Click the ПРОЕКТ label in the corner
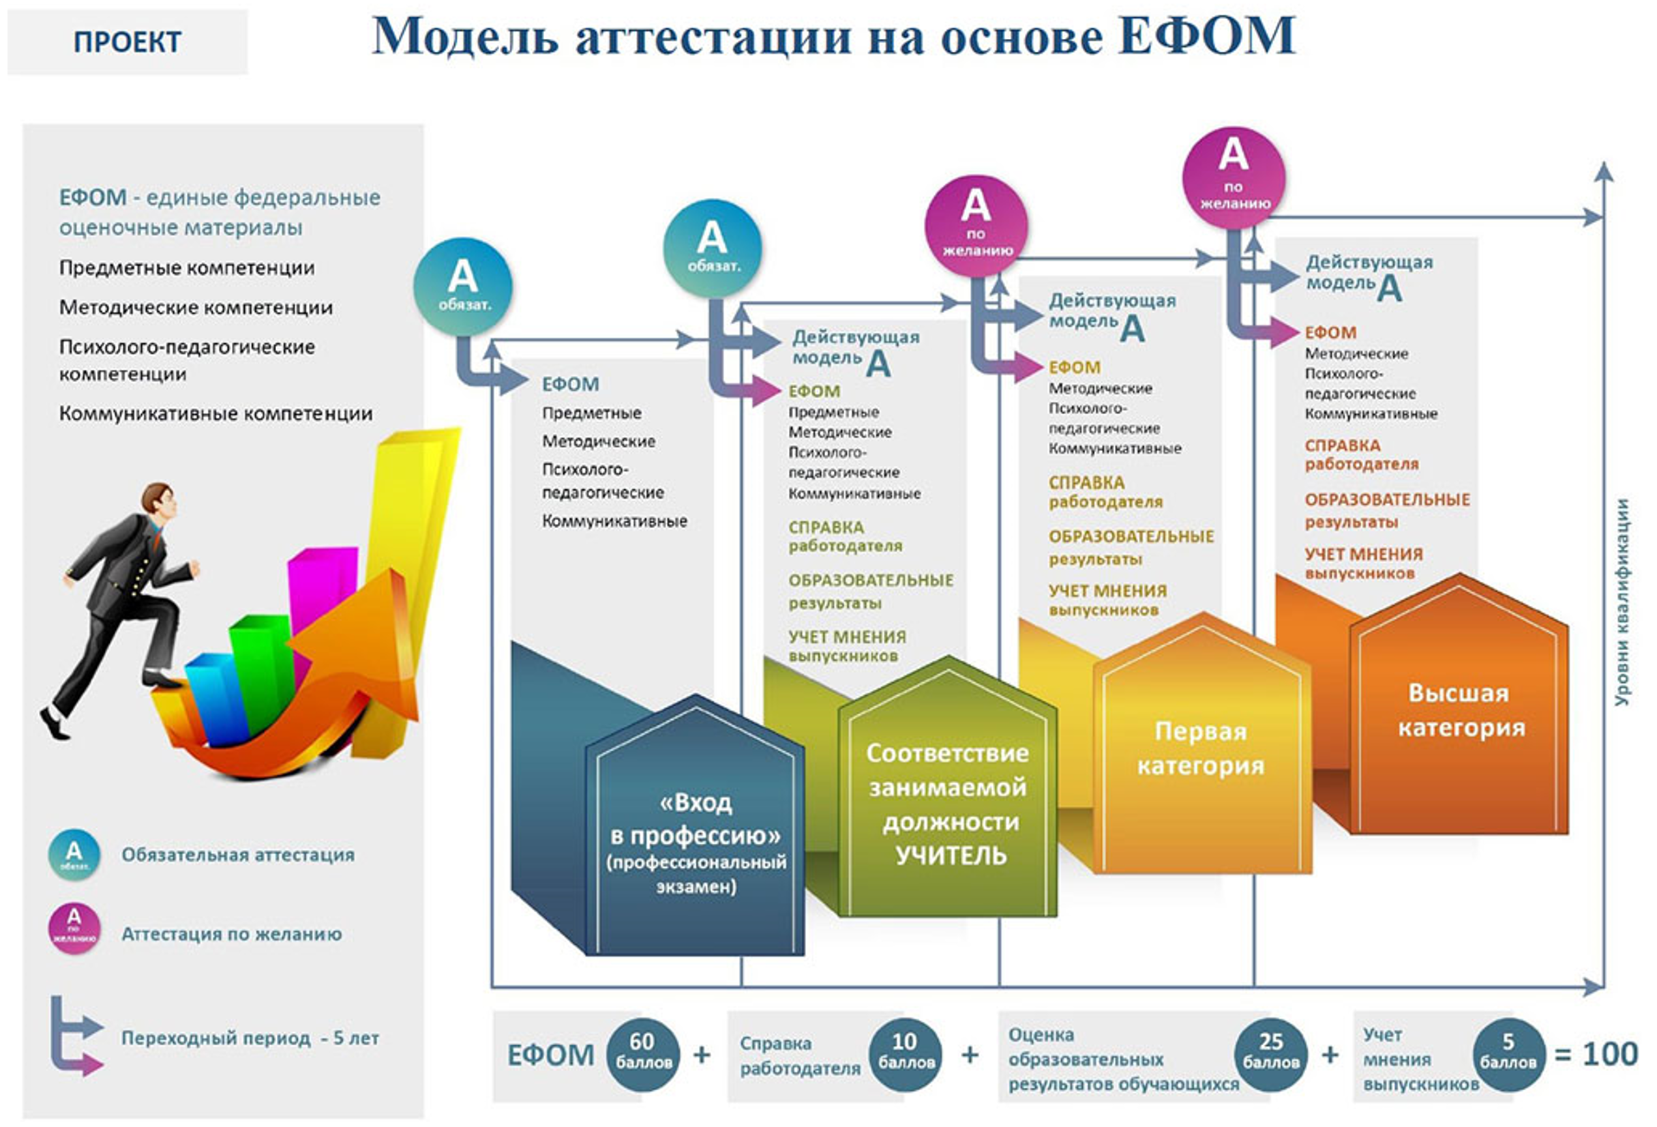127,42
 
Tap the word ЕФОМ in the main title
1206,35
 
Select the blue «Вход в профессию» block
694,825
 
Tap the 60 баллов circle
642,1053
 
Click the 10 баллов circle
906,1053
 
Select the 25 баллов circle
1270,1053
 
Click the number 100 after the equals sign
1609,1053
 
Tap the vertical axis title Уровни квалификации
1622,603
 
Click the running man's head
158,499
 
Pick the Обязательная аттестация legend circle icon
74,855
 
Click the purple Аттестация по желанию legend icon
74,928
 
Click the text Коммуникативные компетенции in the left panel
215,413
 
